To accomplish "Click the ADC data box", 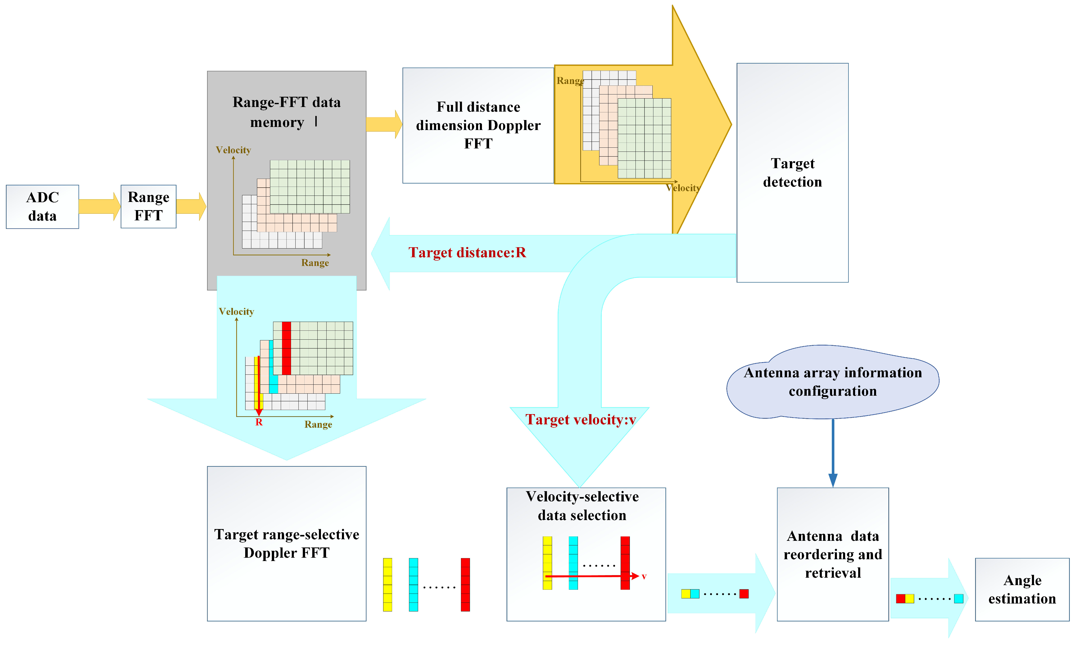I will click(42, 207).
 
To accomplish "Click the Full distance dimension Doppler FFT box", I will click(478, 125).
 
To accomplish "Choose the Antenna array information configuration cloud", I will click(832, 382).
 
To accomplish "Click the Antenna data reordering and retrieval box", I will click(832, 554).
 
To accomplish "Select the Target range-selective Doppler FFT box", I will click(286, 544).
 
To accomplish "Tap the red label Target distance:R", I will click(467, 253).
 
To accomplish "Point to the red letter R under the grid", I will click(259, 422).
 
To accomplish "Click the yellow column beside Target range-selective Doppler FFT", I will click(387, 585).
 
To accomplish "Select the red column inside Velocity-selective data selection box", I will click(625, 563).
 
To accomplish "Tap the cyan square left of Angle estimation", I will click(958, 599).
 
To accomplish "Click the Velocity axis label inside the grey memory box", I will click(233, 150).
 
